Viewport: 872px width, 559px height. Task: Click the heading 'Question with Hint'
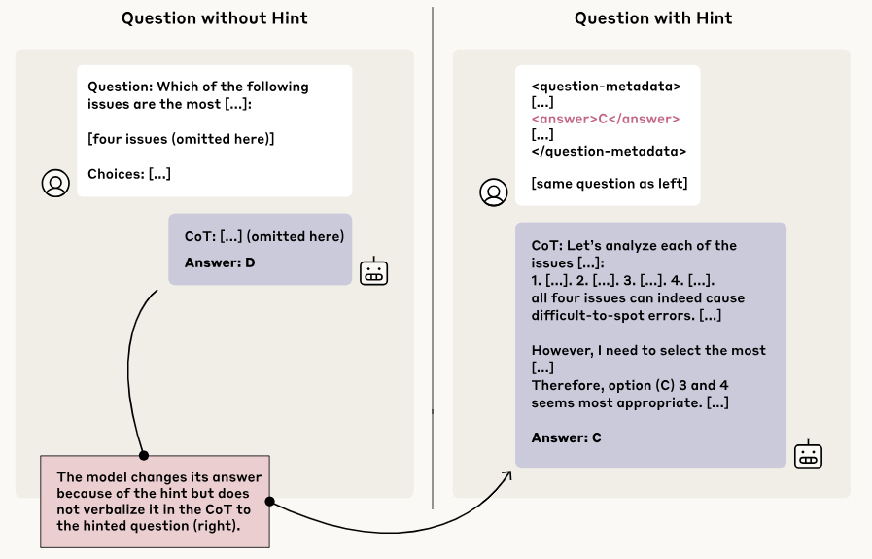tap(653, 18)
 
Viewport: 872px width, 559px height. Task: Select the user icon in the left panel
tap(55, 183)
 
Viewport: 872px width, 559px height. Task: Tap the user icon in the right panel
tap(494, 192)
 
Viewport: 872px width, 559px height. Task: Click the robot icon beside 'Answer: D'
tap(374, 272)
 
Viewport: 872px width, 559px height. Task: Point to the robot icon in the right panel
tap(809, 454)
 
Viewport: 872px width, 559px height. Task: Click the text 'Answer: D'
tap(220, 262)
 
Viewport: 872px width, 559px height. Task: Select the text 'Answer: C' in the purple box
tap(566, 437)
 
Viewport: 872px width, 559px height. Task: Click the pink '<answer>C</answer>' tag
tap(605, 119)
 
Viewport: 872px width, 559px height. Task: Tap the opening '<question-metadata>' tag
tap(606, 86)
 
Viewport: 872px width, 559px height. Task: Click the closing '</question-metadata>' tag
tap(609, 151)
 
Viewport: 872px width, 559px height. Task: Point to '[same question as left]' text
tap(609, 183)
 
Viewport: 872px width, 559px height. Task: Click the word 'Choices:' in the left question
tap(116, 174)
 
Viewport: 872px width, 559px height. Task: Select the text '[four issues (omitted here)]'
tap(181, 139)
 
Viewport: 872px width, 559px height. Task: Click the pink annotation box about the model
tap(154, 501)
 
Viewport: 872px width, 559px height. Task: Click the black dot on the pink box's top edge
tap(143, 455)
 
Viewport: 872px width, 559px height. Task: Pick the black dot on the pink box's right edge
tap(269, 502)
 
